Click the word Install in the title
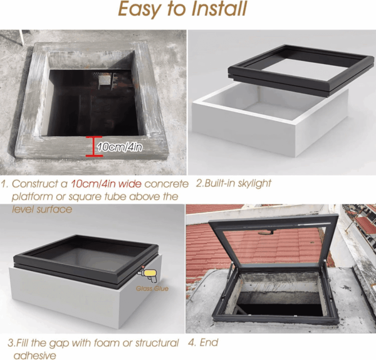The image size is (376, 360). point(219,9)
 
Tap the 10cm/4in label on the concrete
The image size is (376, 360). point(120,147)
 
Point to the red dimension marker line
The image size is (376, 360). point(94,146)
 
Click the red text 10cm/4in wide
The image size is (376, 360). point(106,184)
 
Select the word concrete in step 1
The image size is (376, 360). point(167,184)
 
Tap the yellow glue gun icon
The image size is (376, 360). point(148,274)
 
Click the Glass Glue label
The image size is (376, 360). point(152,289)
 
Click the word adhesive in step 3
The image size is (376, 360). point(34,355)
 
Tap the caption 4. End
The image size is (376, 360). point(203,342)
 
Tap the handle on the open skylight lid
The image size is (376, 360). point(266,232)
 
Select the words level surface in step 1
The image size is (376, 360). point(42,209)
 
